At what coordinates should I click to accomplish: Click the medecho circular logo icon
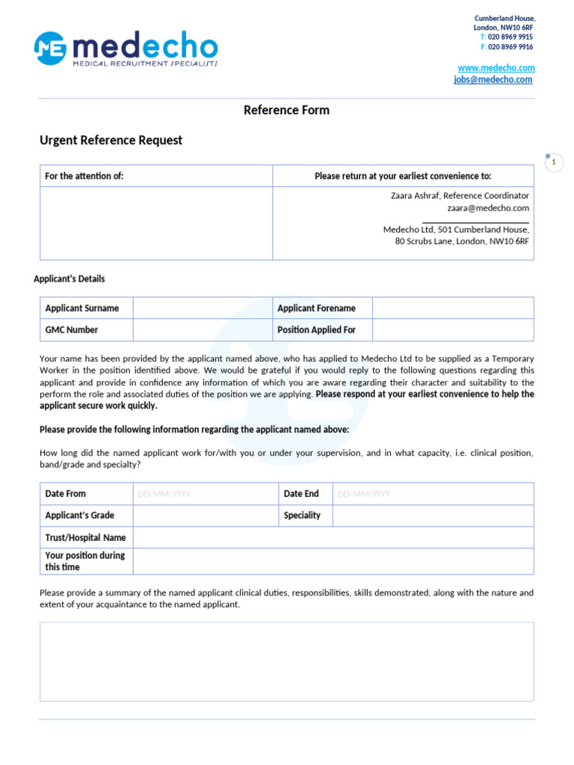coord(50,48)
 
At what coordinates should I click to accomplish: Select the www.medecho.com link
coord(496,68)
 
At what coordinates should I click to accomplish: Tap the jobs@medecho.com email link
coord(493,79)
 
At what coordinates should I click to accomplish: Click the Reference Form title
coord(286,110)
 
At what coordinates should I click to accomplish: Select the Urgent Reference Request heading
coord(111,140)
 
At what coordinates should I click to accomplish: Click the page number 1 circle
coord(554,162)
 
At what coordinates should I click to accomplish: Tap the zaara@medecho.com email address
coord(488,208)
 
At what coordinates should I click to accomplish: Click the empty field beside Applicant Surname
coord(203,308)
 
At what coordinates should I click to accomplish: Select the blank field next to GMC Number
coord(203,329)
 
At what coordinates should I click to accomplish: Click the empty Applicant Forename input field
coord(453,308)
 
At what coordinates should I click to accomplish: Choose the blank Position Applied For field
coord(453,329)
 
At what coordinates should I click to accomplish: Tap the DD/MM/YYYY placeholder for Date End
coord(364,494)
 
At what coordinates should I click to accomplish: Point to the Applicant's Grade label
coord(79,515)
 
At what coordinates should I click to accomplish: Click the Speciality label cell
coord(302,515)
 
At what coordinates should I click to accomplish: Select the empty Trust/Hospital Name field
coord(333,537)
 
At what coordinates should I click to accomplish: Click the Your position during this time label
coord(85,561)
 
